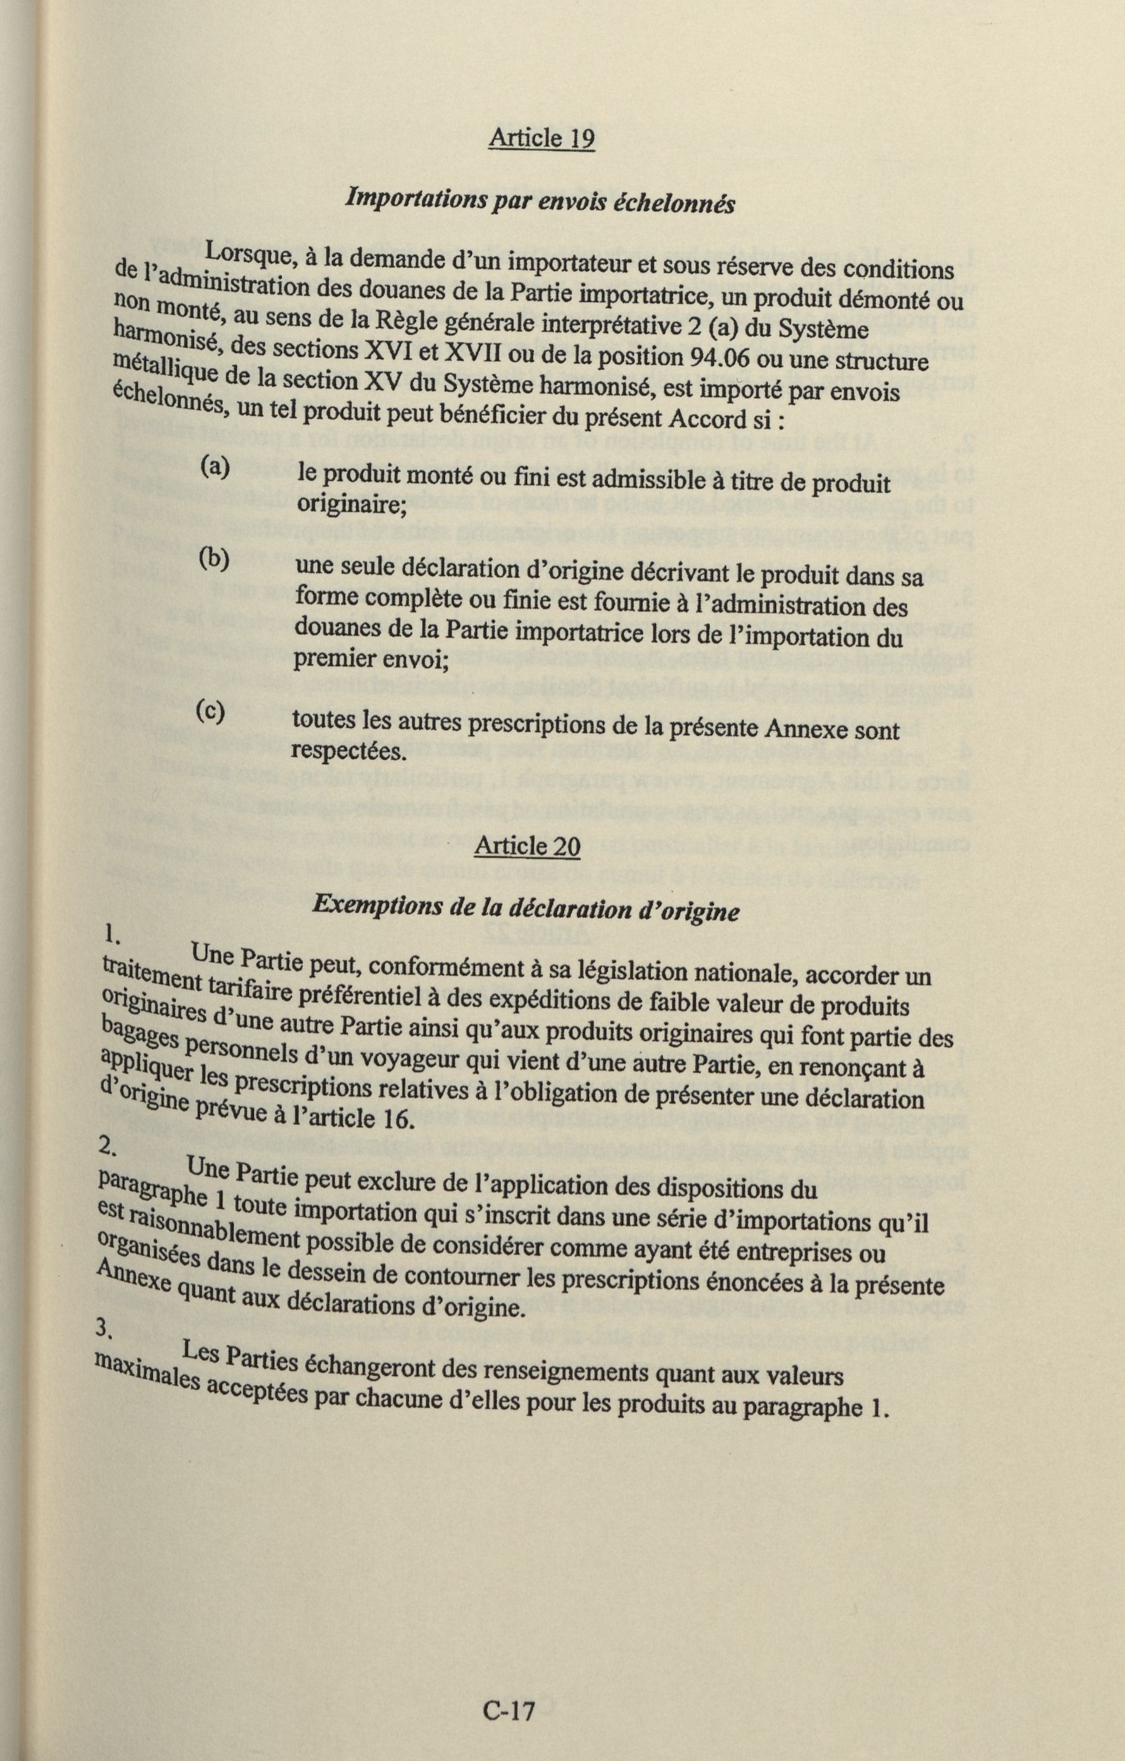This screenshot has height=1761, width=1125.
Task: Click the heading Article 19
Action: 541,138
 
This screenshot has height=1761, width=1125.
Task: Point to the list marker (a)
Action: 214,468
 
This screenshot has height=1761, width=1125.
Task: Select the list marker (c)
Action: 211,711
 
